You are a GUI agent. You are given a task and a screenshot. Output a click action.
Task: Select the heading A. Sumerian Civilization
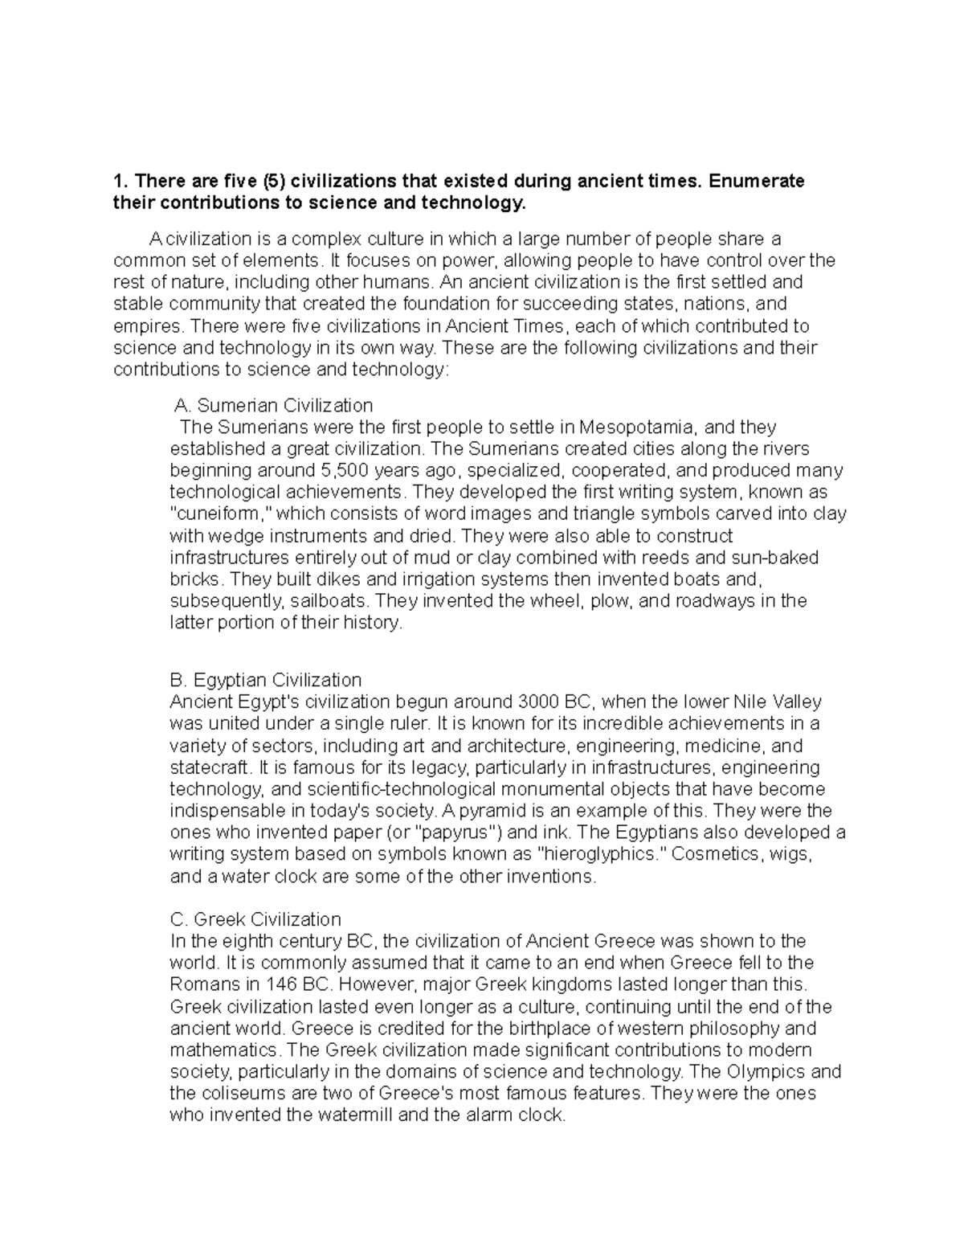(x=273, y=405)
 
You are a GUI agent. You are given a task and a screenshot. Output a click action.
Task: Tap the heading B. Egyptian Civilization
(x=267, y=680)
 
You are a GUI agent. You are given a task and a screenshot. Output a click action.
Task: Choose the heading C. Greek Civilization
(x=256, y=919)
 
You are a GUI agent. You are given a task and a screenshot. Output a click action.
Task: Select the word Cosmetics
(x=714, y=854)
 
